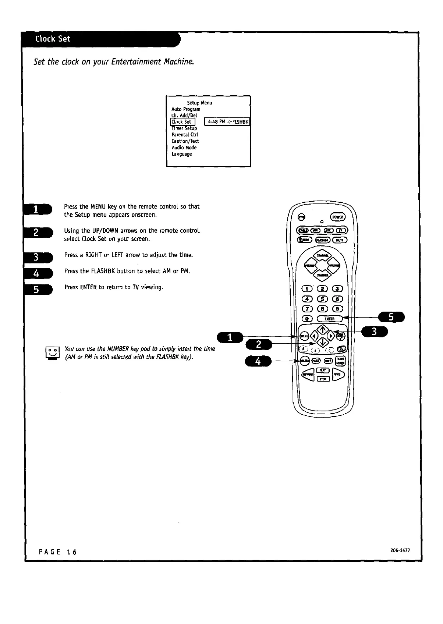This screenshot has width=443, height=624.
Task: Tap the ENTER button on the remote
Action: click(329, 319)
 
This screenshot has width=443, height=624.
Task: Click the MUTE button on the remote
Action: click(338, 240)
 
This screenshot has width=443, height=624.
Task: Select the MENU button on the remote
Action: click(304, 336)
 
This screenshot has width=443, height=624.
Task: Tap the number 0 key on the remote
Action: click(307, 319)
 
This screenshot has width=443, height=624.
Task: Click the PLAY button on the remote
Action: click(323, 370)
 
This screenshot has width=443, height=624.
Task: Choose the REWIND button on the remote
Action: click(308, 374)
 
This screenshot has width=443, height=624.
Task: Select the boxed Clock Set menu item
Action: click(182, 122)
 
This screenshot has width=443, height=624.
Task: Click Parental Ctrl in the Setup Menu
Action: click(185, 135)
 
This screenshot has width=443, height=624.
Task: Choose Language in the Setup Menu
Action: click(181, 154)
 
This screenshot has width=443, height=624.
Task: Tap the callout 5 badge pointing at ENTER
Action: click(391, 317)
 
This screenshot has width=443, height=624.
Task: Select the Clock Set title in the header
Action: click(53, 39)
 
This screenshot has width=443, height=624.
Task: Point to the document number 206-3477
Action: click(400, 551)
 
